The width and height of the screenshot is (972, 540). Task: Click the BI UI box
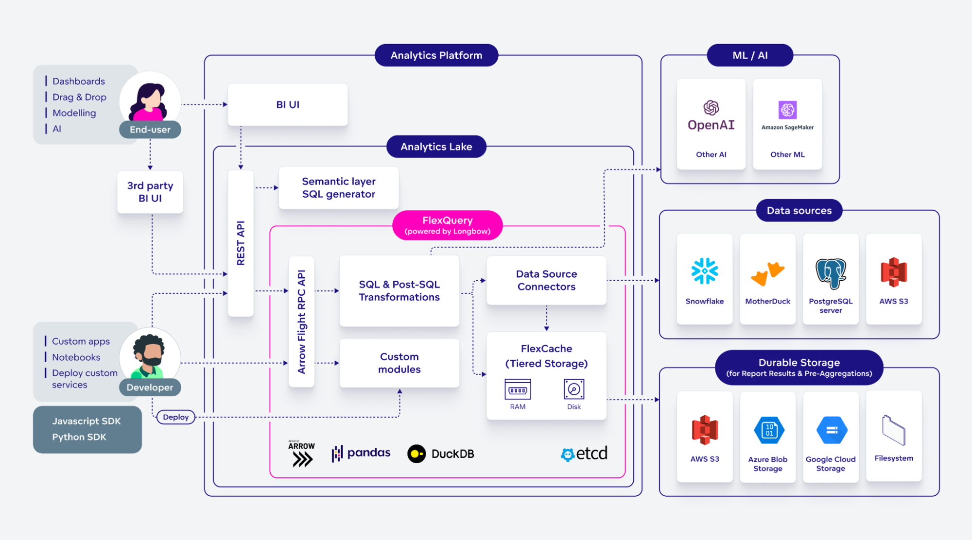288,104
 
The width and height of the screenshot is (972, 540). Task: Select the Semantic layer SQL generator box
339,188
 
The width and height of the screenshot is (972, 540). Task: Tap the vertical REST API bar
241,243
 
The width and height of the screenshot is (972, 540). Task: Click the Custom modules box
399,363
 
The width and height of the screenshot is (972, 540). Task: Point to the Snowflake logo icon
704,271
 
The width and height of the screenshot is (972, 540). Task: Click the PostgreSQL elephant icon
831,273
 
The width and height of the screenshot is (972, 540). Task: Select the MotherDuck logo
767,273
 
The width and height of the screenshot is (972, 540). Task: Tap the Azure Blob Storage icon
769,430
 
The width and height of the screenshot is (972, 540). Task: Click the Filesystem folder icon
893,430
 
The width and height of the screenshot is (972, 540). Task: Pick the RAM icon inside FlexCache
518,389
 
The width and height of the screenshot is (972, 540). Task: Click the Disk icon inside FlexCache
573,389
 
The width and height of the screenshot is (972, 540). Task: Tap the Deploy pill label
176,417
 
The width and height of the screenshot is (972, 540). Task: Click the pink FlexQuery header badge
447,225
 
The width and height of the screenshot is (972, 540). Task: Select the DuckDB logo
440,454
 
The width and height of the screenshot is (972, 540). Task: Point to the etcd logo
584,454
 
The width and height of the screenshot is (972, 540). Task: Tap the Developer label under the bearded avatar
150,388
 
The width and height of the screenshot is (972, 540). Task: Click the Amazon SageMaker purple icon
787,110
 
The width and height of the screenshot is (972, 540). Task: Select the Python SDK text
79,437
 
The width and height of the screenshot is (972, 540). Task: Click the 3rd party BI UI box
150,192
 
